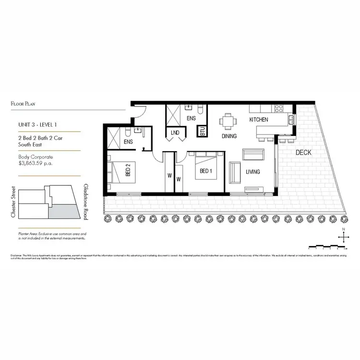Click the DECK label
click(x=303, y=153)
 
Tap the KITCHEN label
click(x=258, y=120)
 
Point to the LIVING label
click(x=253, y=171)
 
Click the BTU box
click(x=203, y=131)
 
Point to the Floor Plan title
click(x=24, y=103)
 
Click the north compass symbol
click(x=343, y=237)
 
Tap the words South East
click(x=30, y=144)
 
